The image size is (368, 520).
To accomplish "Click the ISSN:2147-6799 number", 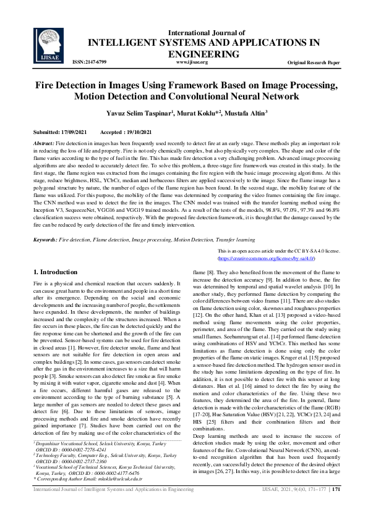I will (90, 62).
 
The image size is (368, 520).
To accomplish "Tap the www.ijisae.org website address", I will (192, 62).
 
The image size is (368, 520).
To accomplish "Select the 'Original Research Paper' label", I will (314, 63).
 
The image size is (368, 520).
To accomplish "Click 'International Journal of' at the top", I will (207, 33).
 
